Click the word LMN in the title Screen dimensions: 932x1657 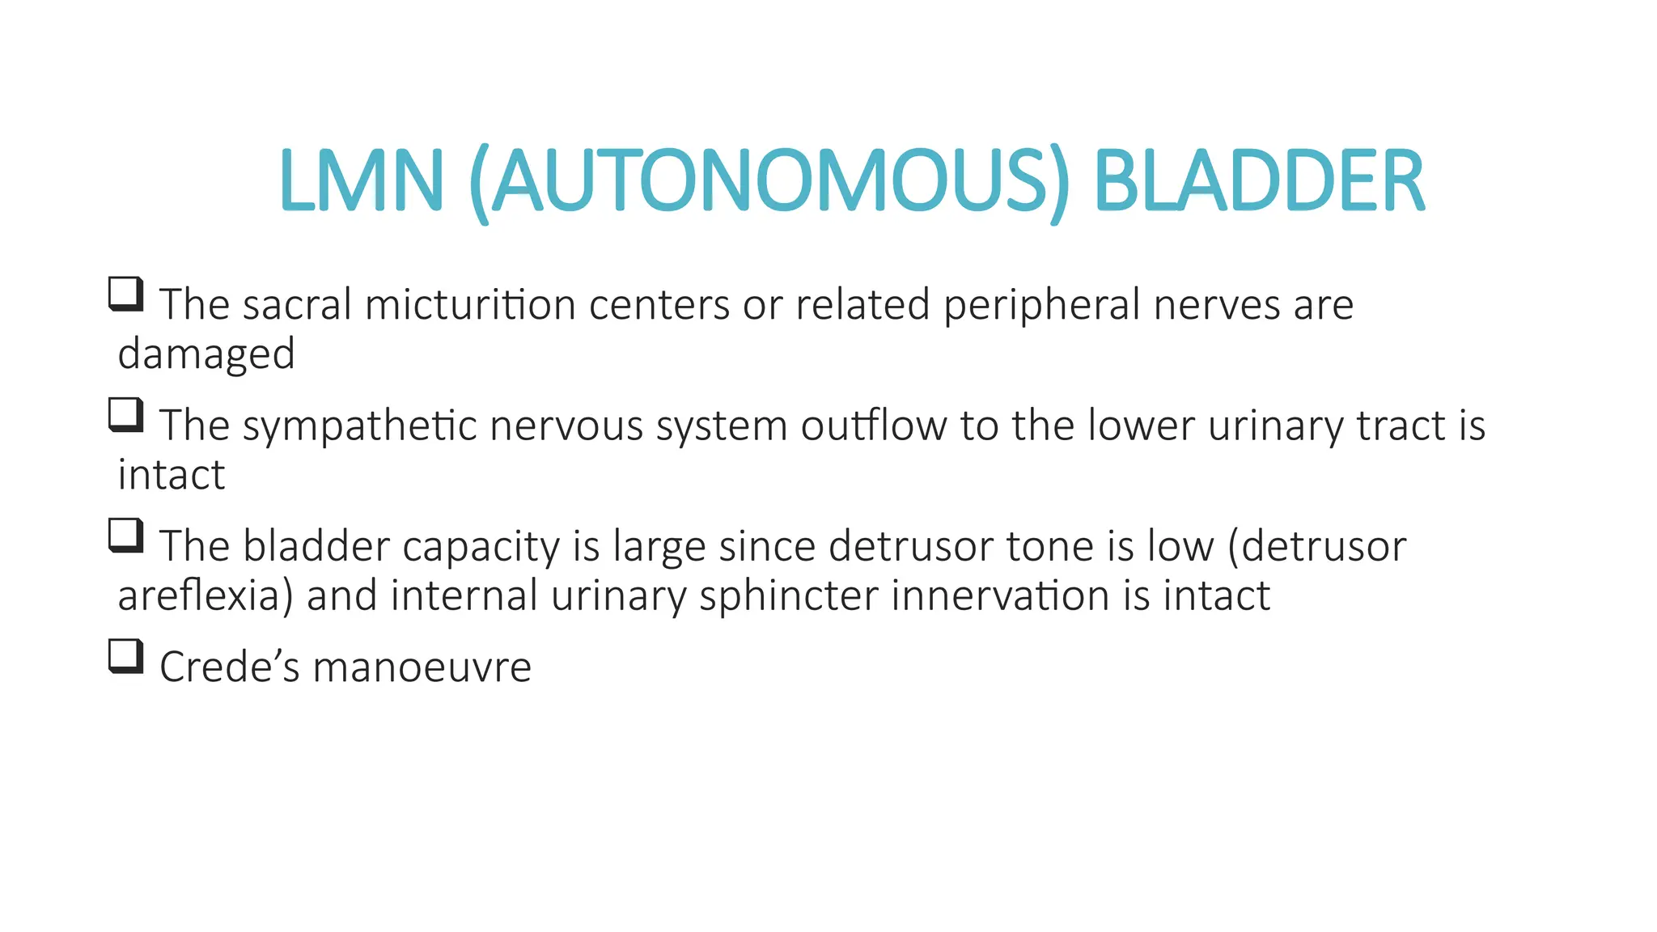click(x=361, y=180)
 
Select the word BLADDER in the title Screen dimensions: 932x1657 click(x=1258, y=180)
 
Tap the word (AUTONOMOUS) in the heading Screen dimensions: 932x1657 click(x=769, y=182)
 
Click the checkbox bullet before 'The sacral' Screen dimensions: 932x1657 click(x=125, y=294)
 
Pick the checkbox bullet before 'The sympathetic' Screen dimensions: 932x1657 click(x=125, y=415)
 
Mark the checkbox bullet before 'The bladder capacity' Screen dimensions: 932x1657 click(x=125, y=536)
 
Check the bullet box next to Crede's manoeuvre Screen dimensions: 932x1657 click(x=125, y=656)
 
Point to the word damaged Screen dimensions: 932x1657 click(x=206, y=354)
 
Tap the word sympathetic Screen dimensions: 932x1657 click(x=360, y=426)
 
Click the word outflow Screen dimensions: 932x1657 click(x=874, y=426)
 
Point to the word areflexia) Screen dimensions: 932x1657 click(x=206, y=596)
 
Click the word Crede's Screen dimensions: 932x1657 click(x=230, y=667)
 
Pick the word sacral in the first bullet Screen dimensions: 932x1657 click(x=297, y=305)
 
